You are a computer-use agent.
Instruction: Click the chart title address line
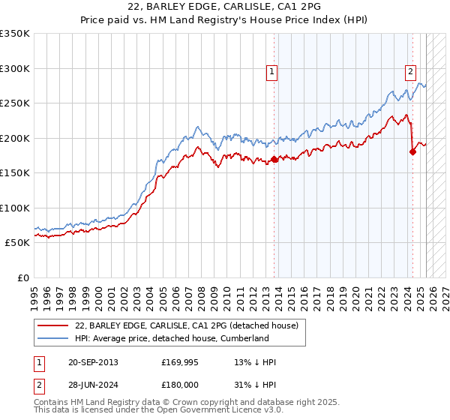pyautogui.click(x=225, y=7)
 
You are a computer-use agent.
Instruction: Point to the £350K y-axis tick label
pyautogui.click(x=15, y=34)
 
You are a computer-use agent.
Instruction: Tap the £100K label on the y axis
pyautogui.click(x=15, y=208)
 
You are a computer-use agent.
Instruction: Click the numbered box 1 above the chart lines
pyautogui.click(x=271, y=72)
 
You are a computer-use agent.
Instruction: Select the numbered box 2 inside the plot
pyautogui.click(x=411, y=72)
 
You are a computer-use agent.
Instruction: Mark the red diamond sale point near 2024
pyautogui.click(x=413, y=151)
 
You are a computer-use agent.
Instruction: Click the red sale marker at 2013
pyautogui.click(x=274, y=159)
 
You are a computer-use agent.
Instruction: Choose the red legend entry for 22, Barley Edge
pyautogui.click(x=187, y=325)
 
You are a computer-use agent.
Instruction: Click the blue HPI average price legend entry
pyautogui.click(x=172, y=338)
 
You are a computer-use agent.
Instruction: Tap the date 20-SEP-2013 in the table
pyautogui.click(x=92, y=362)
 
